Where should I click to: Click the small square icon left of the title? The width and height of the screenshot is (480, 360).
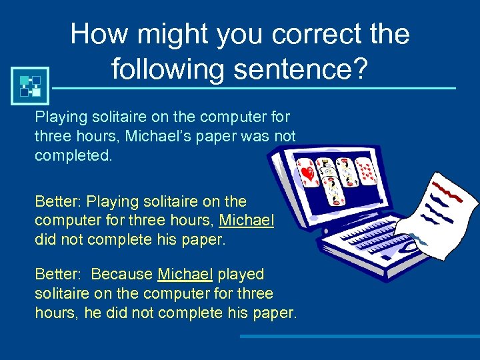(30, 85)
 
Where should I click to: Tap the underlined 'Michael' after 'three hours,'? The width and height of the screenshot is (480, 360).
(247, 220)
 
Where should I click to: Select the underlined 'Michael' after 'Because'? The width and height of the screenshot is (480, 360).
(185, 274)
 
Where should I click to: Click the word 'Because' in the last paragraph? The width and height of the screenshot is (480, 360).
(122, 274)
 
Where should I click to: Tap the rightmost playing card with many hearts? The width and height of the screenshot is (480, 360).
(365, 171)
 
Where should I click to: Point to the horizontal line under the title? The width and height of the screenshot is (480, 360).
(253, 89)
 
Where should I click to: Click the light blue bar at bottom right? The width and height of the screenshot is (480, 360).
(360, 337)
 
